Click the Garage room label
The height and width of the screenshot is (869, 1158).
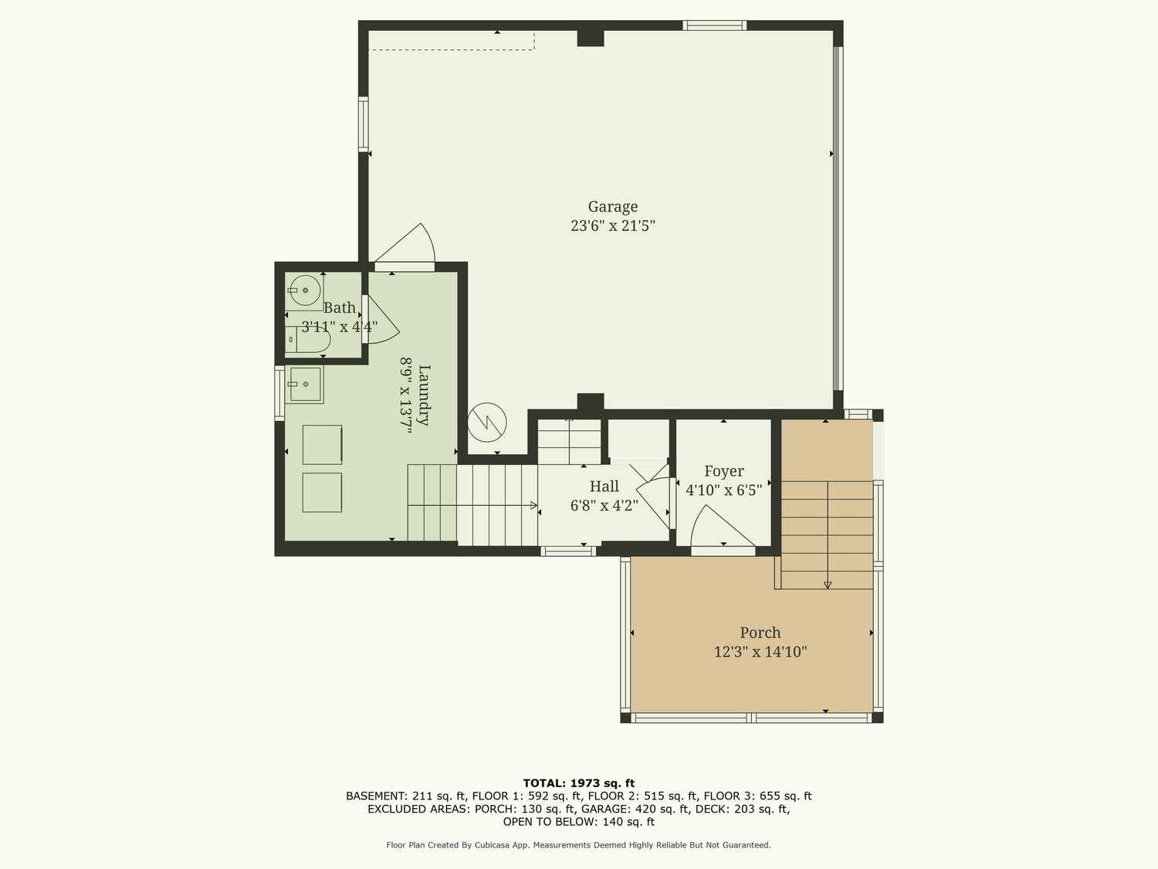click(612, 207)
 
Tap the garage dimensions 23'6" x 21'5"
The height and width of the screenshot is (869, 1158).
click(612, 226)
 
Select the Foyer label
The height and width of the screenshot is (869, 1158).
click(724, 471)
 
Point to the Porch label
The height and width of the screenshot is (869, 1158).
click(760, 633)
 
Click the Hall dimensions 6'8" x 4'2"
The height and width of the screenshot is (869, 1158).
click(604, 505)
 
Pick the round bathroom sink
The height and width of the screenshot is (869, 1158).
click(305, 290)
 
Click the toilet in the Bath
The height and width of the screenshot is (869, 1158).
click(307, 339)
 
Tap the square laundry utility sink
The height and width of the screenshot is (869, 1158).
click(304, 385)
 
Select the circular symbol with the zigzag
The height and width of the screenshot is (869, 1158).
click(487, 422)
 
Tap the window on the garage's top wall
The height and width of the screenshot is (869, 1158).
click(714, 25)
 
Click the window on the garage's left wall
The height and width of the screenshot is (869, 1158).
click(363, 124)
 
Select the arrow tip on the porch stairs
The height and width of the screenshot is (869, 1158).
click(828, 586)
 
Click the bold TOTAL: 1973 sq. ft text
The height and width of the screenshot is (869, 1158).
click(579, 783)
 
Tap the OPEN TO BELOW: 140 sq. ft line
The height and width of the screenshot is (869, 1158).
click(579, 822)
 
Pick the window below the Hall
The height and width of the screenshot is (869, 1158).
click(568, 552)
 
